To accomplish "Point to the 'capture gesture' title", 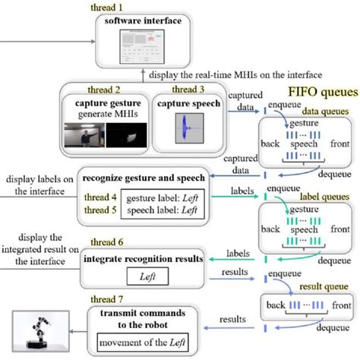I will (x=105, y=104).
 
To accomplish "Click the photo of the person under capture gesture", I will (x=86, y=134).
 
